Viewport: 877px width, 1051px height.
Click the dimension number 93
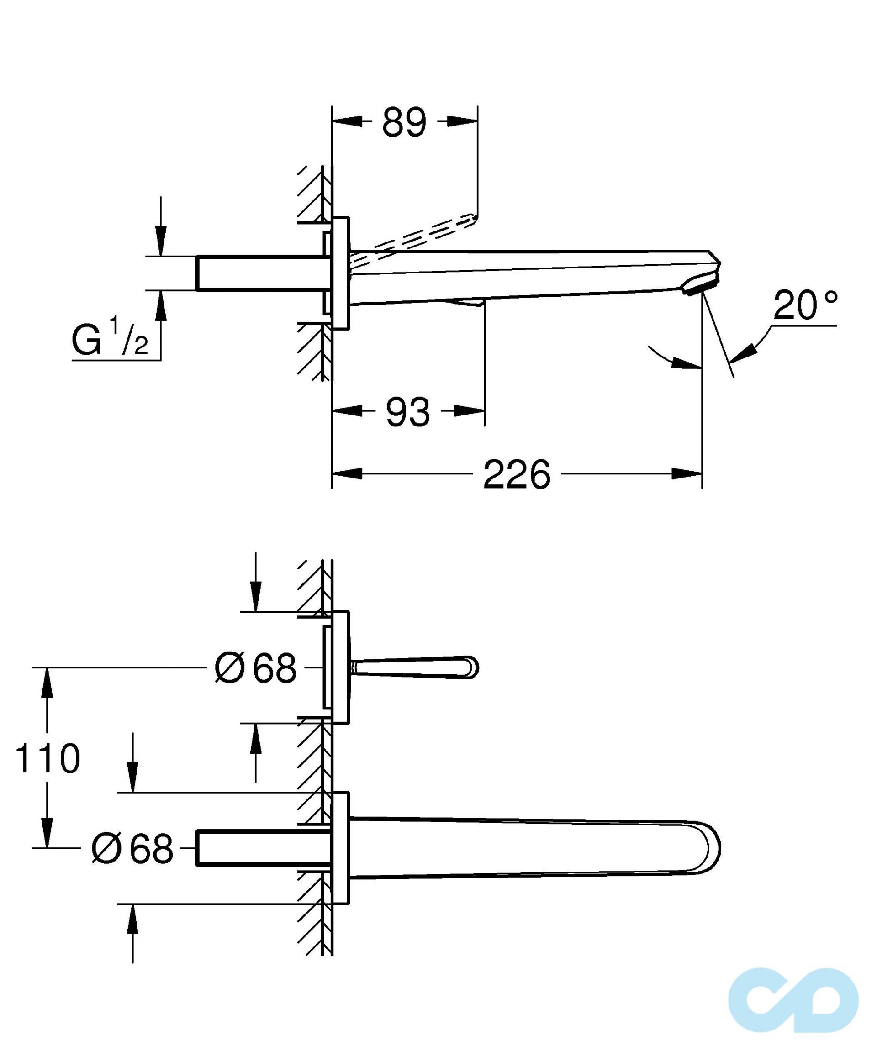pyautogui.click(x=407, y=412)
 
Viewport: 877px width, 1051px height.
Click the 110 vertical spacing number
pyautogui.click(x=48, y=758)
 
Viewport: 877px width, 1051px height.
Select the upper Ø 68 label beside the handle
pyautogui.click(x=255, y=667)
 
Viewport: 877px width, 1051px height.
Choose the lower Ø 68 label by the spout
pyautogui.click(x=132, y=848)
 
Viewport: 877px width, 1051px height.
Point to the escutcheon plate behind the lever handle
pyautogui.click(x=340, y=667)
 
